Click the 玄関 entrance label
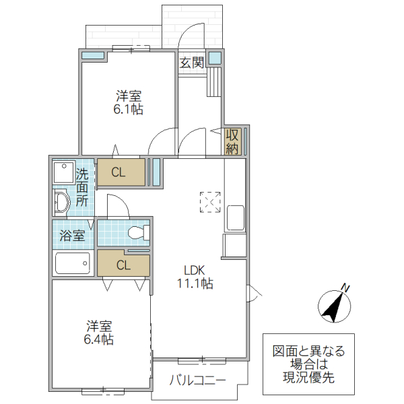coord(192,63)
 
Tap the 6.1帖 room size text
coord(127,110)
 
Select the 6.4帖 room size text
coord(98,339)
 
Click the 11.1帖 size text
coord(195,284)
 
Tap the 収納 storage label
coord(233,141)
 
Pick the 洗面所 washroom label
coord(81,187)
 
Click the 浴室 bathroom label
coord(73,236)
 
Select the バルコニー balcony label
coord(197,380)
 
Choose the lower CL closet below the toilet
coord(123,264)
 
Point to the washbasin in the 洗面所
coord(61,201)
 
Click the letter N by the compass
coord(345,288)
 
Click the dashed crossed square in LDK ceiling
coord(210,201)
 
